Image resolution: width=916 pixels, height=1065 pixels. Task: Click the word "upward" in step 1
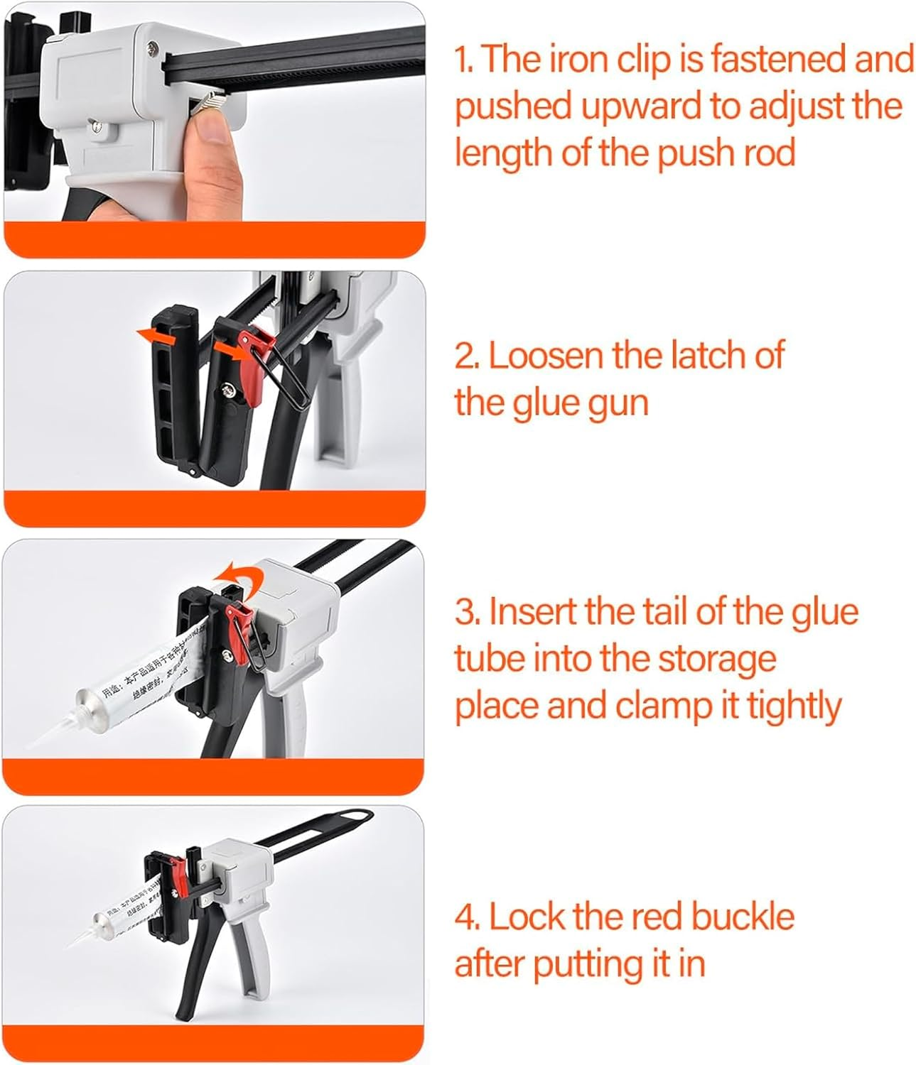(x=640, y=106)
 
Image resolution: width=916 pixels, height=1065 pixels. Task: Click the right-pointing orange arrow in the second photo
(x=230, y=349)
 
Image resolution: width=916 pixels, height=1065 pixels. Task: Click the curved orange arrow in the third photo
(x=235, y=573)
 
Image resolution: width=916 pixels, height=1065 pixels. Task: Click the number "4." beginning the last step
(x=467, y=917)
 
